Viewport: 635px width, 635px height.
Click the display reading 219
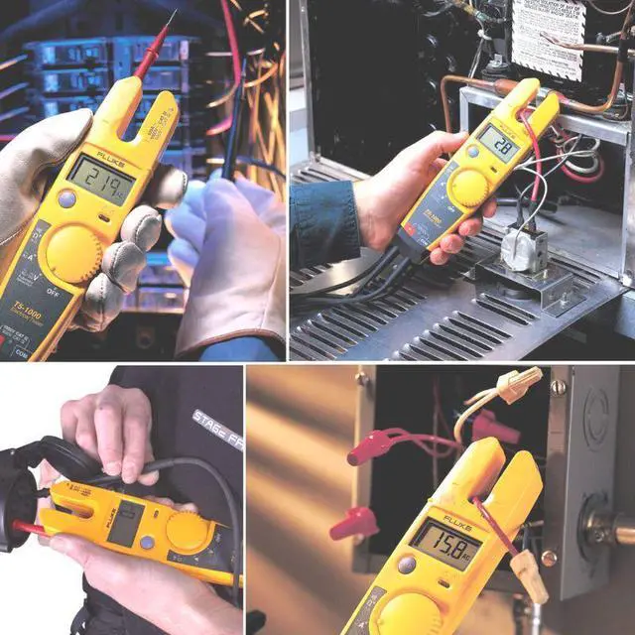pyautogui.click(x=100, y=180)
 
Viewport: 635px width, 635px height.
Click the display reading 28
pyautogui.click(x=499, y=144)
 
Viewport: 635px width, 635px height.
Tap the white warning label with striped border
pyautogui.click(x=547, y=38)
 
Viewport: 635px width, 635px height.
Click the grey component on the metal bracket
pyautogui.click(x=523, y=248)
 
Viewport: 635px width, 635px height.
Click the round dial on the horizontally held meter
pyautogui.click(x=188, y=531)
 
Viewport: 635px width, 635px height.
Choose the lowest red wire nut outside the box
pyautogui.click(x=353, y=523)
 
